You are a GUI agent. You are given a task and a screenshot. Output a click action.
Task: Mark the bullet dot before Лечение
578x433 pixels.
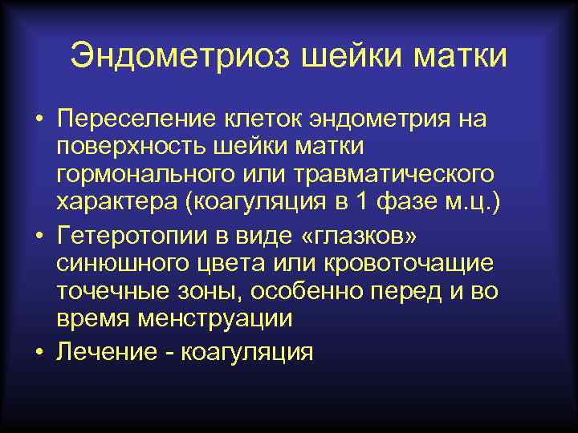39,352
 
